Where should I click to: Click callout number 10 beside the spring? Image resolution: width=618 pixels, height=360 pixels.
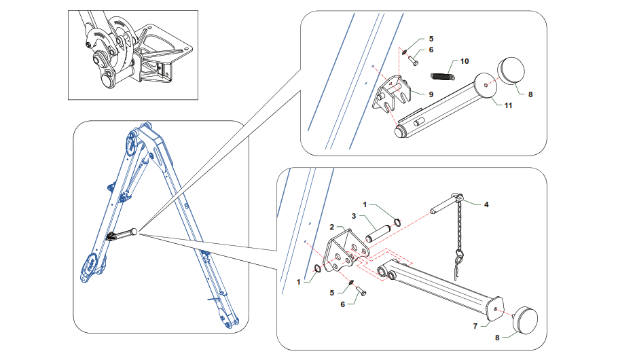click(x=465, y=61)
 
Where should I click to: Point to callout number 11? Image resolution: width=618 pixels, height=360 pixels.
click(x=508, y=105)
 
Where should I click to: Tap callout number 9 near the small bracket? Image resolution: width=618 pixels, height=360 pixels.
click(x=431, y=93)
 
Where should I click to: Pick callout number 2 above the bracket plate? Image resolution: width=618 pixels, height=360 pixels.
click(x=332, y=226)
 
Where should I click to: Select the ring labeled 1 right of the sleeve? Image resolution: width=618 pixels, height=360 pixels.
click(x=397, y=222)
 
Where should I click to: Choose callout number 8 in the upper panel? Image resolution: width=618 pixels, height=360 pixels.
click(x=530, y=94)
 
